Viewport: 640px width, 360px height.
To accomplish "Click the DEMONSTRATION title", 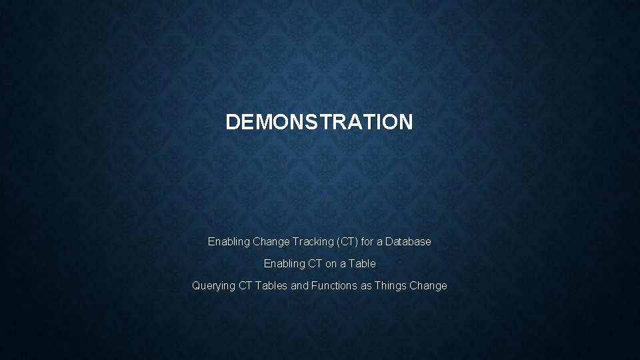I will pyautogui.click(x=319, y=122).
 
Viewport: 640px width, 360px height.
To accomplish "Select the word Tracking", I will pyautogui.click(x=308, y=241).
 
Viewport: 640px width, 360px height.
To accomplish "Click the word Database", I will pyautogui.click(x=409, y=241).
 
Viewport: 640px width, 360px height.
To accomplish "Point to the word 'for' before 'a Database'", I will pyautogui.click(x=370, y=241).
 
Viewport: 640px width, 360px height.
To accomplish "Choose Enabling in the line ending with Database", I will pyautogui.click(x=228, y=241).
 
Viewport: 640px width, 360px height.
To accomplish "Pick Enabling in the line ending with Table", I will pyautogui.click(x=284, y=263).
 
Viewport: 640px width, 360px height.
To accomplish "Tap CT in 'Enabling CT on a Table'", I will pyautogui.click(x=315, y=263).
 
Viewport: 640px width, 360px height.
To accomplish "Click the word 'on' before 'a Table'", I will pyautogui.click(x=332, y=263).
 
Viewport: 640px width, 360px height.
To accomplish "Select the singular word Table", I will pyautogui.click(x=363, y=263).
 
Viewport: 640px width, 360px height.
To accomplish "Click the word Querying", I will pyautogui.click(x=213, y=286).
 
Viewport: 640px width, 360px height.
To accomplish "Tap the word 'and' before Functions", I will pyautogui.click(x=300, y=285).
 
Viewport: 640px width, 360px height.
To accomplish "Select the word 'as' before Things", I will pyautogui.click(x=367, y=285).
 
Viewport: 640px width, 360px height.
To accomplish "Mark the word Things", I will pyautogui.click(x=391, y=285).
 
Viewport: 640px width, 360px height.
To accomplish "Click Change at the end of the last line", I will pyautogui.click(x=429, y=285).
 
